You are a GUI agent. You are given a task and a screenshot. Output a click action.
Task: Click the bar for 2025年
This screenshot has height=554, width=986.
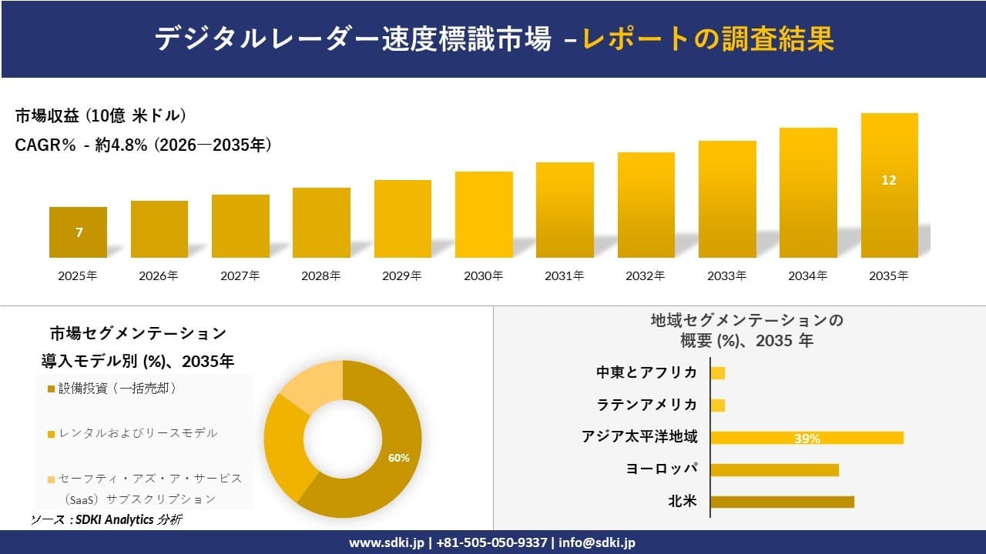pos(79,232)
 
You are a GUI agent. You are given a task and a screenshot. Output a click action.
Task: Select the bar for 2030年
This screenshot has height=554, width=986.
pos(484,215)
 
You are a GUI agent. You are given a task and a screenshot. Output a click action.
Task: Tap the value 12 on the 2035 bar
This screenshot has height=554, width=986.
pos(889,180)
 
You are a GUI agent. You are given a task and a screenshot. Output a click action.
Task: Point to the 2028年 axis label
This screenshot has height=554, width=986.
pos(321,276)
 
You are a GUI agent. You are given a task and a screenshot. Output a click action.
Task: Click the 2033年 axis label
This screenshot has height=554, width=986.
pos(726,276)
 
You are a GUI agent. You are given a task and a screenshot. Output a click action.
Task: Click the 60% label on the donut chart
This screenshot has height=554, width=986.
pos(398,458)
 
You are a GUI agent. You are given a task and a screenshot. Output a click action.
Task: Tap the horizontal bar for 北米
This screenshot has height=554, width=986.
pos(782,502)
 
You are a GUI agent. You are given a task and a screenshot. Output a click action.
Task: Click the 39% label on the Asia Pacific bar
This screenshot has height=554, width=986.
pos(807,439)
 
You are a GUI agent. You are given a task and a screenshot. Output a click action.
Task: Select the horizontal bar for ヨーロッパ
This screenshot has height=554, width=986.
pos(774,469)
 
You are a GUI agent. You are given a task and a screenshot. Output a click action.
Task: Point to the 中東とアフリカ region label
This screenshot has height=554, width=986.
pos(647,372)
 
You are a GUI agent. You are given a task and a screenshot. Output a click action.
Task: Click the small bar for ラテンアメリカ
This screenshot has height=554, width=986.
pos(718,405)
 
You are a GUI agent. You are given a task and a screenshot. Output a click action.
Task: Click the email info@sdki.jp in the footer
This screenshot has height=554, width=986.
pos(597,542)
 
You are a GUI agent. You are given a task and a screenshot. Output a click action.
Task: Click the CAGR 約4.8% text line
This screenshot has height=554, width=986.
pos(143,145)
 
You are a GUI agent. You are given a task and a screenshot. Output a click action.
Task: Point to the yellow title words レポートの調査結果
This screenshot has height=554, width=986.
pos(708,39)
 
